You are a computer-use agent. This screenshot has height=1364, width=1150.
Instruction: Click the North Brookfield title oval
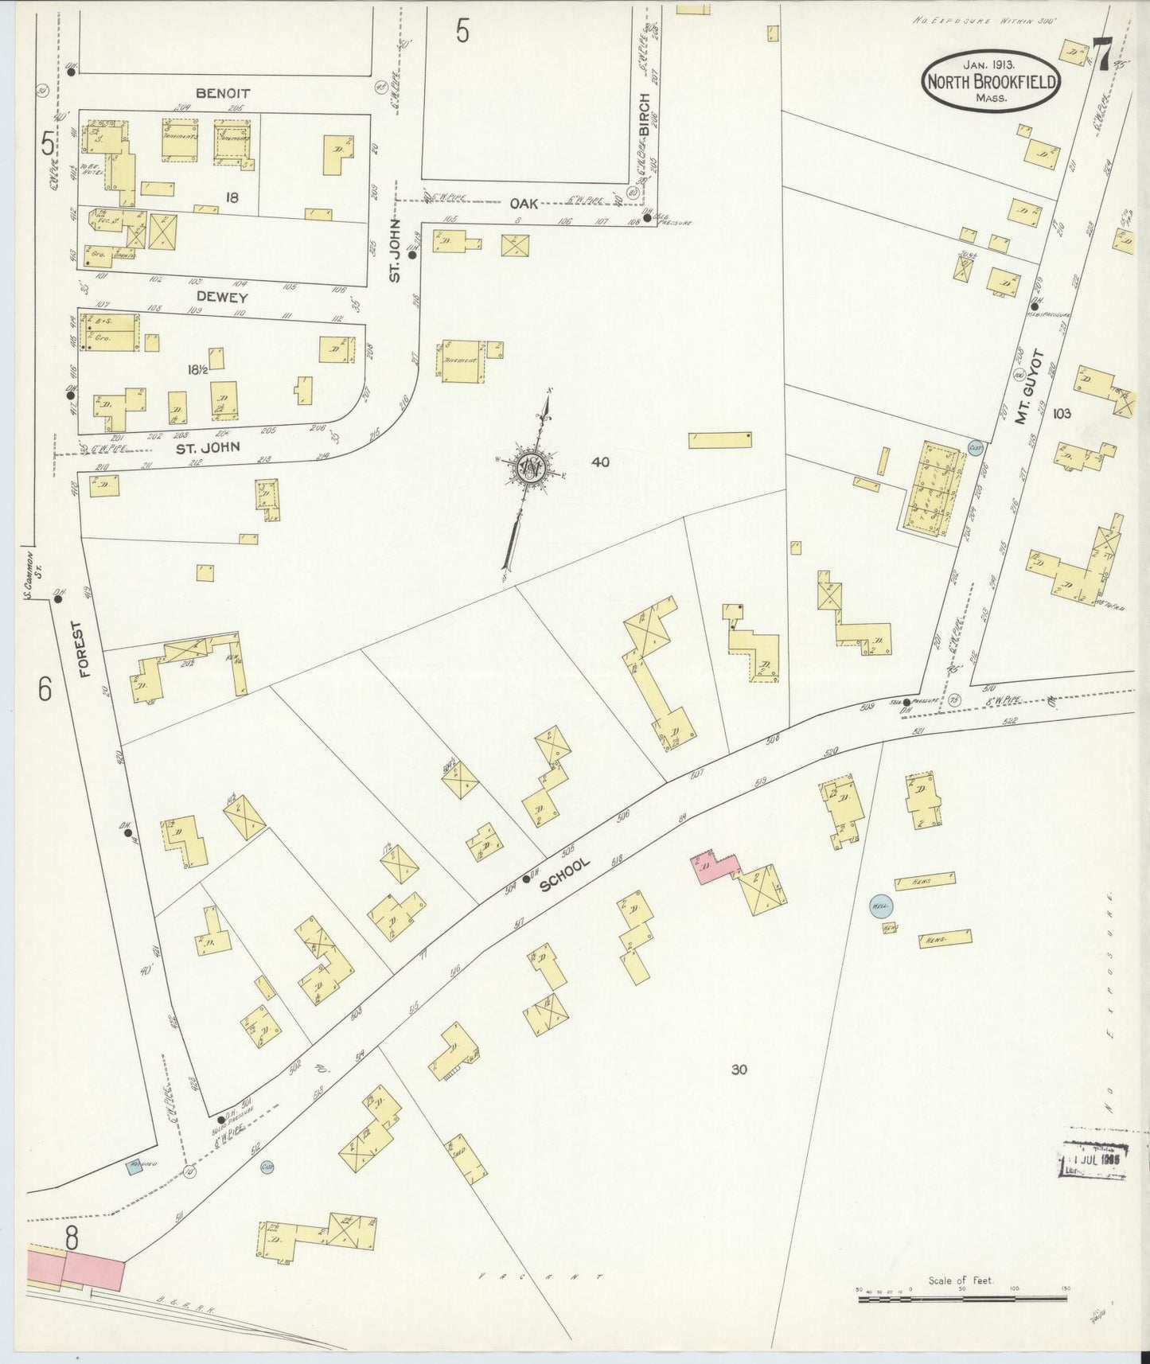click(x=991, y=81)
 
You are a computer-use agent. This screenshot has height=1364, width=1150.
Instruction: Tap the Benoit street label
click(x=223, y=93)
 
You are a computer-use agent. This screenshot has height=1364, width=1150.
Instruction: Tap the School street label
click(x=565, y=874)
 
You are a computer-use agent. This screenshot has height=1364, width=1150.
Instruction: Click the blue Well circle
click(x=880, y=906)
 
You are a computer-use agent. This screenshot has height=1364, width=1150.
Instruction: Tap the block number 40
click(x=600, y=462)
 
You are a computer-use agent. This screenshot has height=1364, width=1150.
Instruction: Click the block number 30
click(x=739, y=1070)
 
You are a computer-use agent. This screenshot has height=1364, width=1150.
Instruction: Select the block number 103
click(x=1061, y=413)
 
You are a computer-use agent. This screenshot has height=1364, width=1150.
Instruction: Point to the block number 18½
click(x=197, y=369)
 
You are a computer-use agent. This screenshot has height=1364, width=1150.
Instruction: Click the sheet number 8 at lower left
click(x=72, y=1238)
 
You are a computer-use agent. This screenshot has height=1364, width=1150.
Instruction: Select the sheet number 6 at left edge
click(x=45, y=688)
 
